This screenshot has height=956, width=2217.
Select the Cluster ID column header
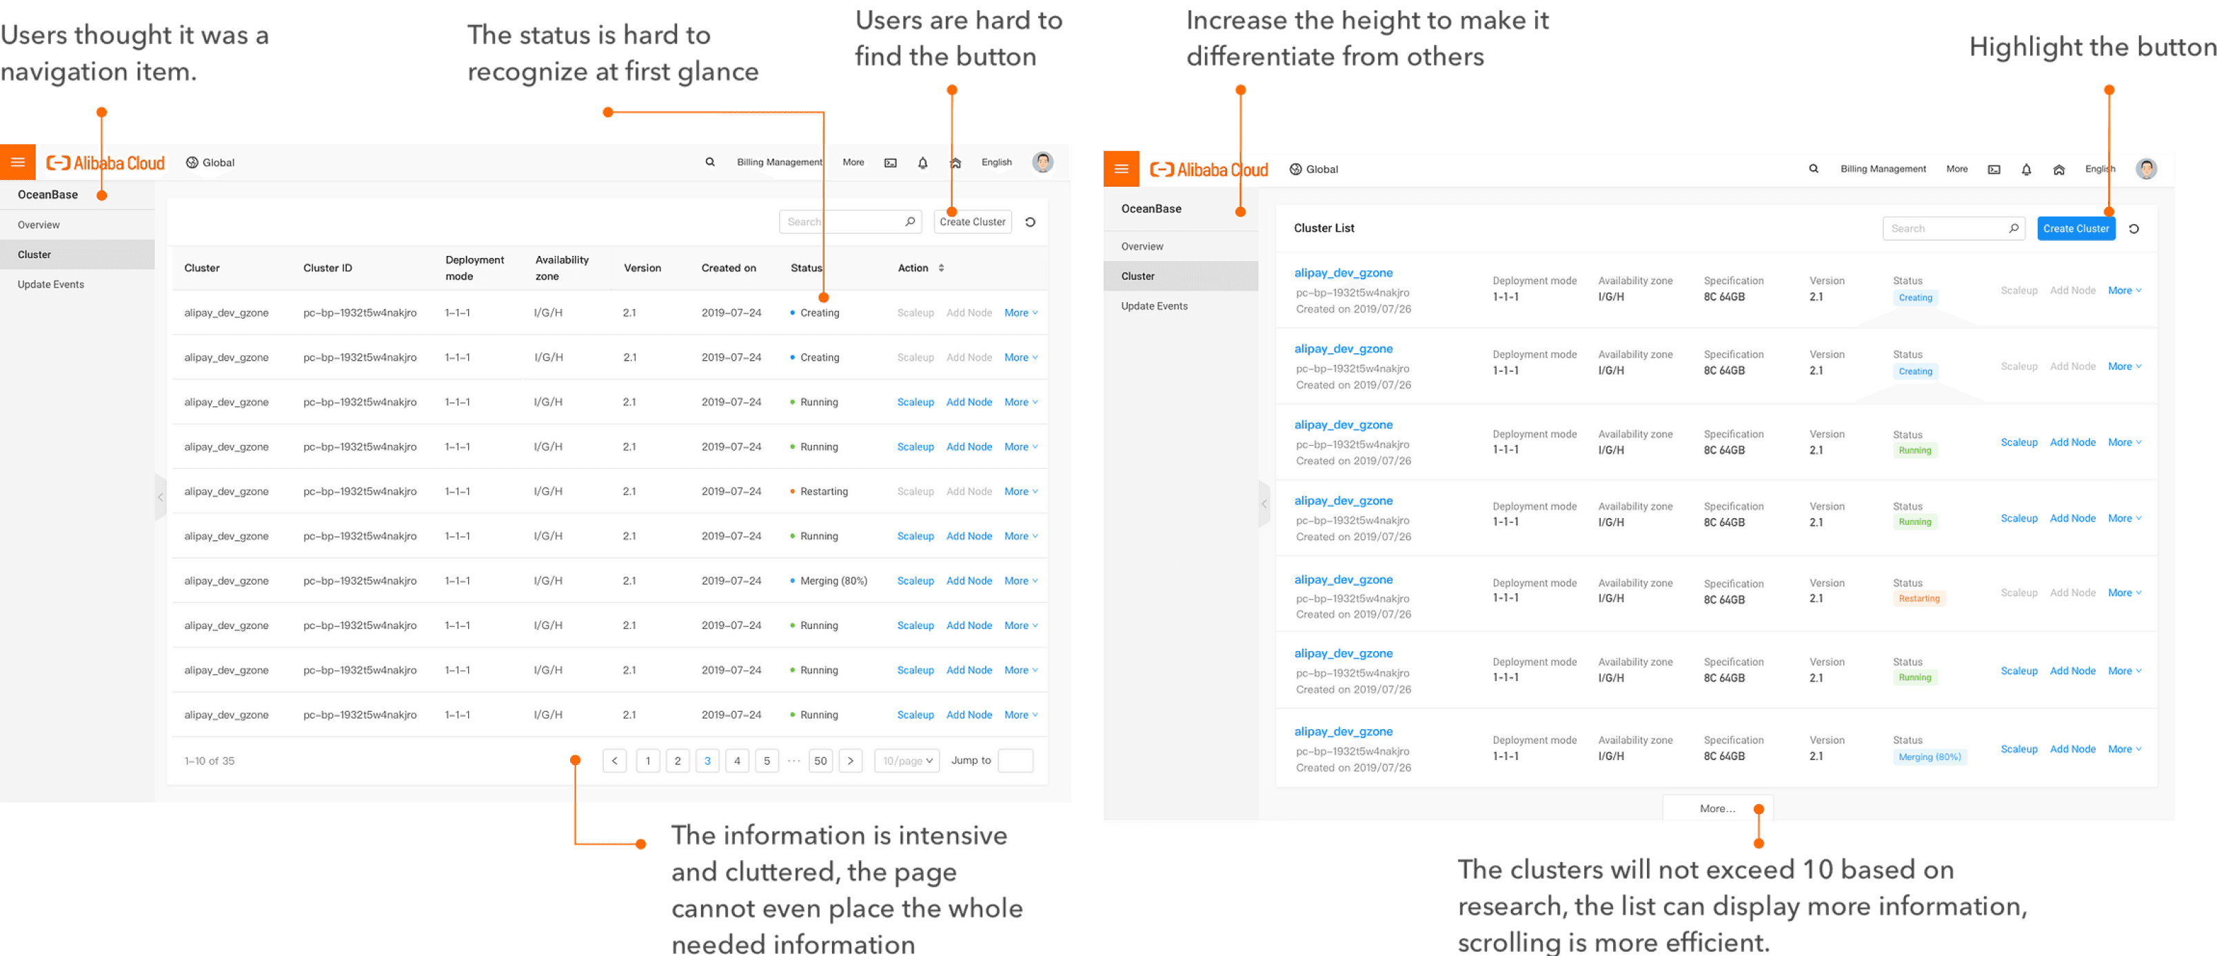(327, 268)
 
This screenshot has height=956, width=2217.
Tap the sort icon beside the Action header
(942, 268)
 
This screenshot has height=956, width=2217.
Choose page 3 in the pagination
(707, 761)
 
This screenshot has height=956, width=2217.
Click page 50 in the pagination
(820, 761)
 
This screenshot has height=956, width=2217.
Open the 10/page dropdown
(907, 761)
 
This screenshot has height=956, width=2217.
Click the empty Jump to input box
(1015, 761)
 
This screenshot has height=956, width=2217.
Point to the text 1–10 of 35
(209, 761)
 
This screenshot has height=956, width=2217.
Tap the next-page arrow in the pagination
(850, 761)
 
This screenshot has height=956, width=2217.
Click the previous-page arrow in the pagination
(614, 761)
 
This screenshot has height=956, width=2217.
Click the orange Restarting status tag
(1919, 599)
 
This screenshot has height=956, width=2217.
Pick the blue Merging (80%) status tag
(1929, 757)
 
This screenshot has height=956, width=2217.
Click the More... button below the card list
(1717, 808)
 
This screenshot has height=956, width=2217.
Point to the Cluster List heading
(1324, 228)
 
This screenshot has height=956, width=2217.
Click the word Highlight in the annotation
(2023, 48)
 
